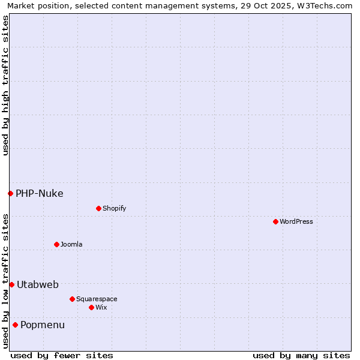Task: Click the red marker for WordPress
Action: tap(275, 221)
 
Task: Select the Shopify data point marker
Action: tap(98, 208)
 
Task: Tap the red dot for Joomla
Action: tap(56, 244)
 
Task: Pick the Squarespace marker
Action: tap(72, 299)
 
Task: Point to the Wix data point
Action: tap(91, 307)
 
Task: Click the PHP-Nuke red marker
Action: tap(10, 193)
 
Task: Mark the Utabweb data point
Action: tap(11, 284)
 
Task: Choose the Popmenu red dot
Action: tap(15, 325)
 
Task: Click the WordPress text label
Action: tap(296, 221)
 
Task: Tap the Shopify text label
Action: tap(115, 208)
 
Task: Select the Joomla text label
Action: tap(71, 244)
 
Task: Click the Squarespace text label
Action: tap(97, 299)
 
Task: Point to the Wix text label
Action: tap(101, 307)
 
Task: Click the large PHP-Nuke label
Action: tap(40, 193)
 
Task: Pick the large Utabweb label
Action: tap(38, 284)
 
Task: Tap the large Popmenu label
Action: tap(43, 325)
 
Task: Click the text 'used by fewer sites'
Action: tap(62, 355)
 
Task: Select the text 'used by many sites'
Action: tap(301, 355)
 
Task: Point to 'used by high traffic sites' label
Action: tap(5, 85)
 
